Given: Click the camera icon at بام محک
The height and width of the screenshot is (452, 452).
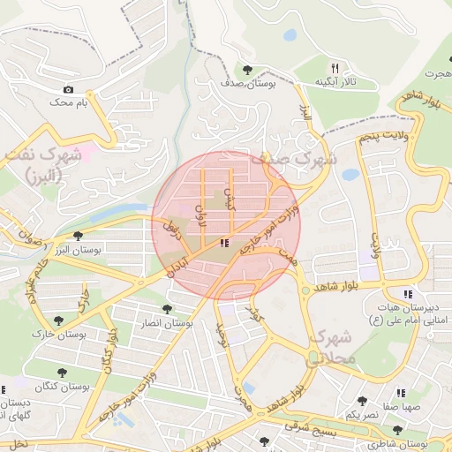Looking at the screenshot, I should click(69, 89).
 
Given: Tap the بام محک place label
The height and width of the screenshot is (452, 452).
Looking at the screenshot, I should click(71, 103).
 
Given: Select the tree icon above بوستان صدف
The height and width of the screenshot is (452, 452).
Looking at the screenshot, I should click(247, 70).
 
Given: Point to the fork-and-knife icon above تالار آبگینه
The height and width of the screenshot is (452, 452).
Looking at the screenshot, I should click(334, 68).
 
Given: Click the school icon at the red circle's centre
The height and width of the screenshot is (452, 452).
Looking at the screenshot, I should click(225, 242).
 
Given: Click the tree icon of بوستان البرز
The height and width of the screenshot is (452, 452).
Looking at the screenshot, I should click(79, 236).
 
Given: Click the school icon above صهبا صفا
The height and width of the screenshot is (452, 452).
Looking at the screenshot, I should click(401, 393).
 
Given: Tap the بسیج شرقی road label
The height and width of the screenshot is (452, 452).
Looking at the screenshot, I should click(309, 427).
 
